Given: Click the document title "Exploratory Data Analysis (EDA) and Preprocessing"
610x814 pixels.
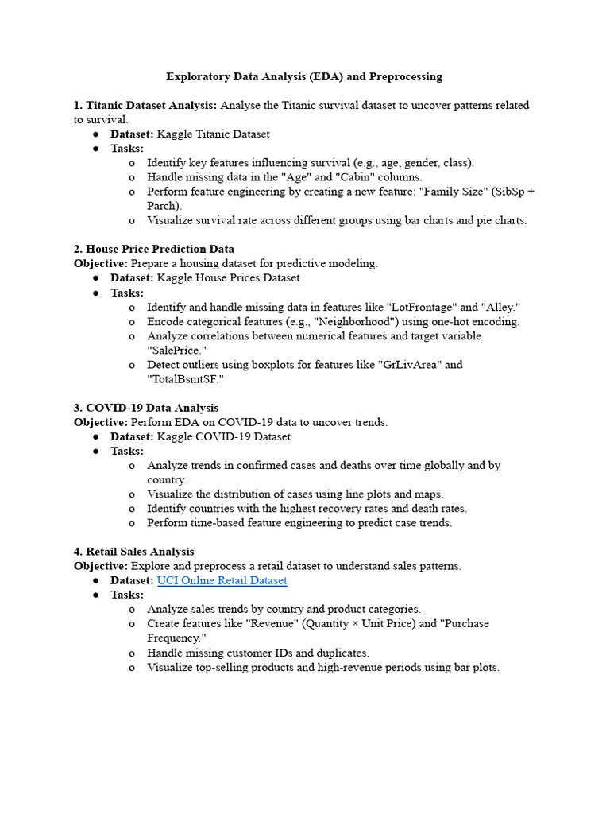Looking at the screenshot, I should pyautogui.click(x=304, y=76).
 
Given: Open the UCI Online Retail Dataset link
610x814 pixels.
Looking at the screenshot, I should pyautogui.click(x=222, y=580).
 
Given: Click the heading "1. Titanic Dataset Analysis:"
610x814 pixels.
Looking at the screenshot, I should pyautogui.click(x=145, y=105).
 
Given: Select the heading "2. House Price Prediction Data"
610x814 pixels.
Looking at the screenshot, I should pyautogui.click(x=154, y=249).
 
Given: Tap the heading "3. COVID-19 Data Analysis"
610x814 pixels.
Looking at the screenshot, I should pyautogui.click(x=146, y=408).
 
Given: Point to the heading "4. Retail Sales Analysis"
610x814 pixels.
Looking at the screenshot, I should pyautogui.click(x=133, y=551).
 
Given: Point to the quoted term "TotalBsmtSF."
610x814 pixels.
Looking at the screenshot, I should pyautogui.click(x=185, y=379).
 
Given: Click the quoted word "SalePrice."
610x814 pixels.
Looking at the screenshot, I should pyautogui.click(x=176, y=350).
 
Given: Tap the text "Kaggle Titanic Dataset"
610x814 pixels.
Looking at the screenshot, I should pyautogui.click(x=213, y=134).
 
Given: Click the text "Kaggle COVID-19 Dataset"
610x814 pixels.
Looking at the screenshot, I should pyautogui.click(x=223, y=436).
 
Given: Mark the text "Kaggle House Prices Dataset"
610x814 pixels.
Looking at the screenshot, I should pyautogui.click(x=228, y=277).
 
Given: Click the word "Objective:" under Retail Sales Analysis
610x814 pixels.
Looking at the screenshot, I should pyautogui.click(x=101, y=566).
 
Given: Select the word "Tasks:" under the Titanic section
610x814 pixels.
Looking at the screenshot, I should pyautogui.click(x=127, y=148).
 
